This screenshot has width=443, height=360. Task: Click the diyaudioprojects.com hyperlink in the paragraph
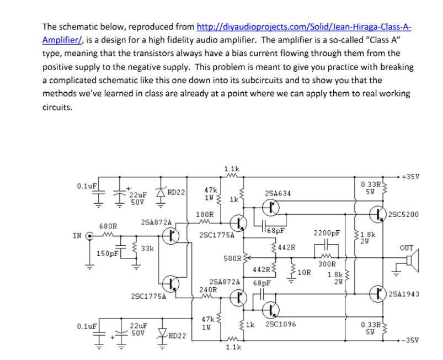[x=303, y=27]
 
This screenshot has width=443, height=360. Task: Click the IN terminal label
[x=78, y=236]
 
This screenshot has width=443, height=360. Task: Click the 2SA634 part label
[x=274, y=194]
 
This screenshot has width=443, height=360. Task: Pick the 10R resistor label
[x=305, y=272]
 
